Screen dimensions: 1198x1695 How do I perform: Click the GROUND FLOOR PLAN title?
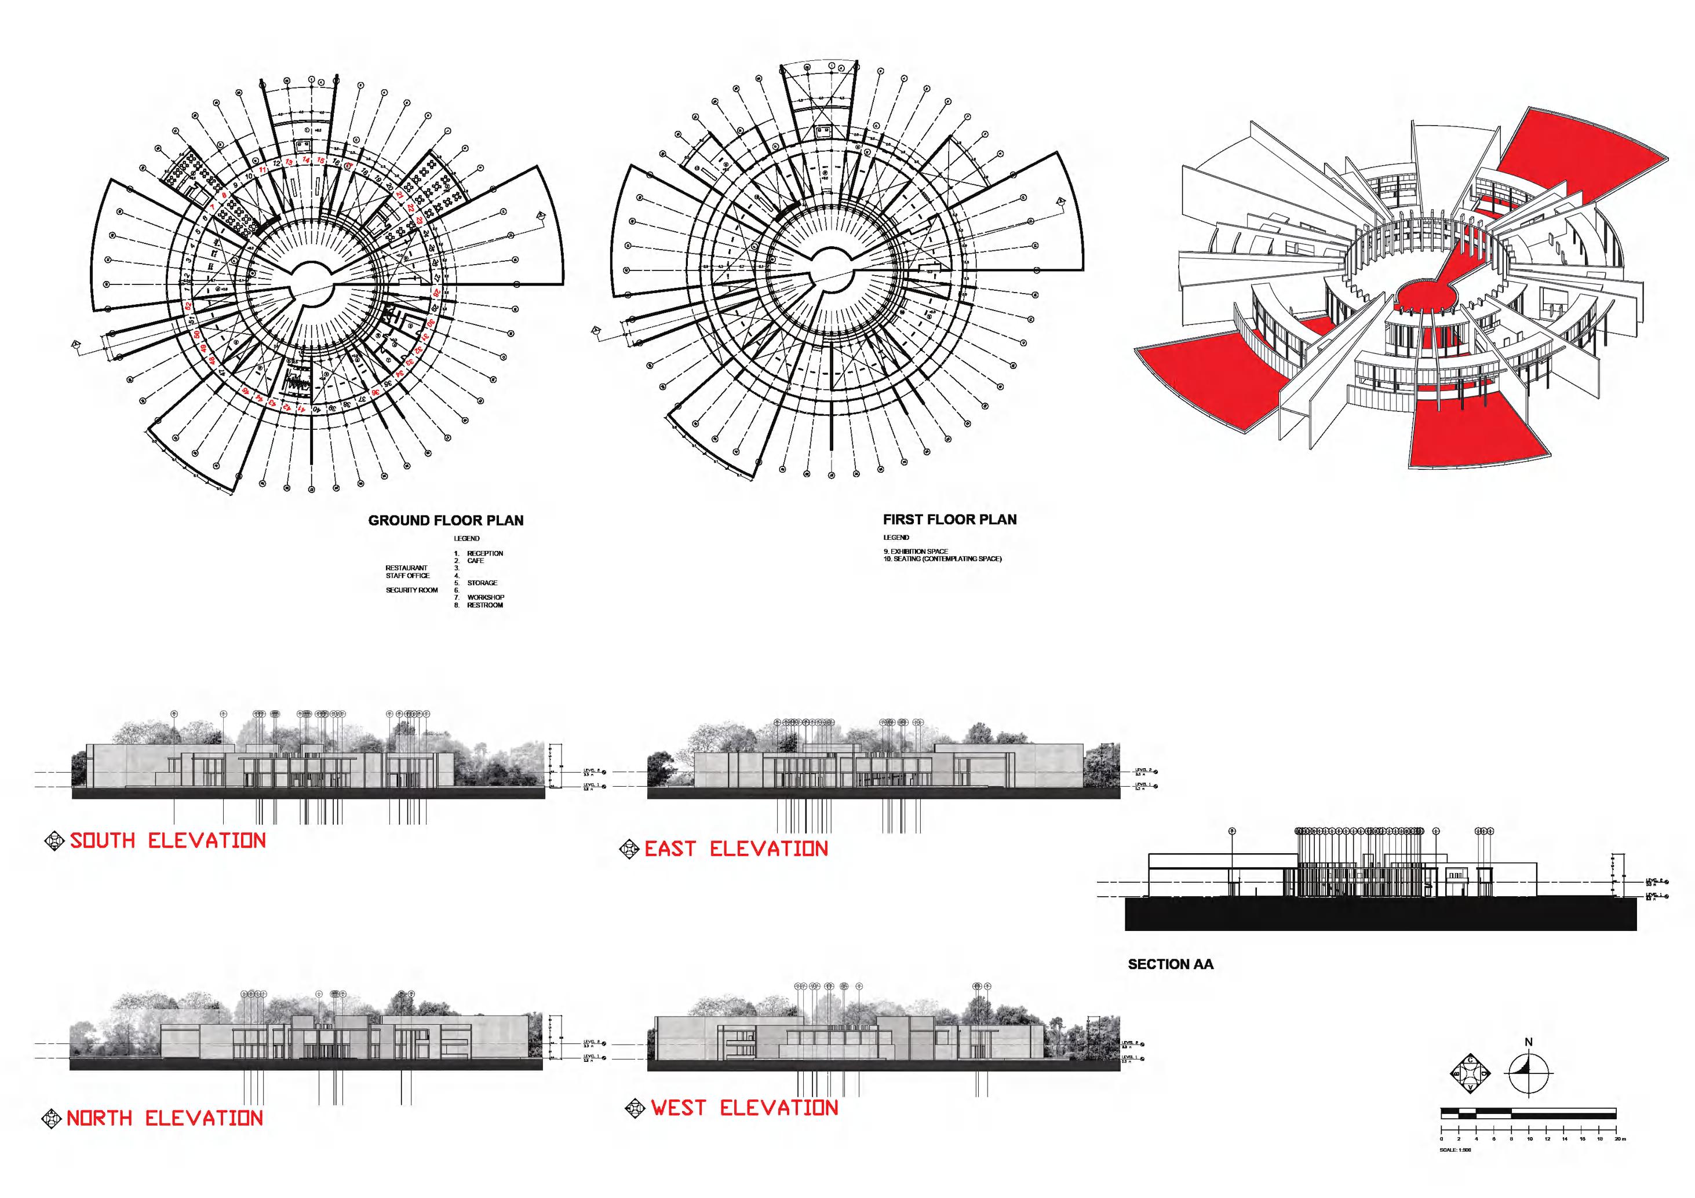click(x=445, y=520)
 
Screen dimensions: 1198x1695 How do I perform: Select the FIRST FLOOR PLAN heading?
click(x=949, y=520)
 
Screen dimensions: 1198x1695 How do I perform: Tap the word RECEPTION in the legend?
click(x=484, y=553)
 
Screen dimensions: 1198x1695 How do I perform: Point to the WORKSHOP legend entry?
click(x=485, y=597)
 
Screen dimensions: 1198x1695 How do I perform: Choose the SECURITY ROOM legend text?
click(x=411, y=590)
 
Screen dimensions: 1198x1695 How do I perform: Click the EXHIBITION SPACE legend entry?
click(x=918, y=551)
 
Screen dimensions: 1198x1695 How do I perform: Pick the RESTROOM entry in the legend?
click(x=484, y=605)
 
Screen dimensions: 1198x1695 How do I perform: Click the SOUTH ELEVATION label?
click(x=167, y=841)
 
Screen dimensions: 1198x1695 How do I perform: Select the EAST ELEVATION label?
click(x=736, y=849)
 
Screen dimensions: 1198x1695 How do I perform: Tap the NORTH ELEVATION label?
click(x=165, y=1118)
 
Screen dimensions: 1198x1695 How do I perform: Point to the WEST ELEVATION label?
click(x=744, y=1108)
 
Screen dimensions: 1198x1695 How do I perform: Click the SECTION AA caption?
click(x=1170, y=964)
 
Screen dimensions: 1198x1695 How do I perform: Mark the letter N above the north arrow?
click(x=1528, y=1042)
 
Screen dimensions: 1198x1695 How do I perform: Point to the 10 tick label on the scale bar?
click(x=1530, y=1139)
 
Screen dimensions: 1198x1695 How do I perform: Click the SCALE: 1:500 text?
click(x=1455, y=1150)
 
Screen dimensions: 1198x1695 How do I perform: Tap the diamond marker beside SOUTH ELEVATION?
click(x=54, y=840)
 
